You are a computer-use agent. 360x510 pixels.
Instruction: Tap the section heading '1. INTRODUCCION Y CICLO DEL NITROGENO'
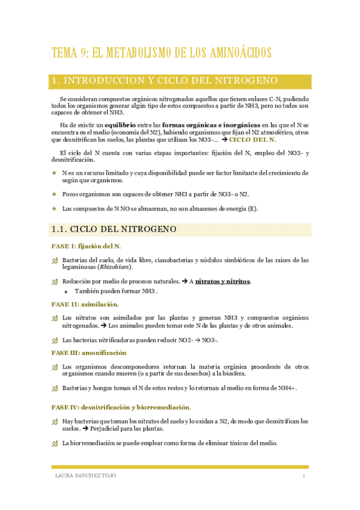(165, 81)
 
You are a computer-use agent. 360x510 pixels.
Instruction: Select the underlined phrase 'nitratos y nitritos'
(223, 281)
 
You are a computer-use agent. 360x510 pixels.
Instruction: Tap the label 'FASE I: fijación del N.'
(86, 246)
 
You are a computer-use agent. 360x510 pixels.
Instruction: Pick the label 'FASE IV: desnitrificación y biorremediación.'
(121, 408)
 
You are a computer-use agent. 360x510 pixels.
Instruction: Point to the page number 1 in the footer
(304, 476)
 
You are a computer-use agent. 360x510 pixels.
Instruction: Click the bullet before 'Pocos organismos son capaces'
(54, 194)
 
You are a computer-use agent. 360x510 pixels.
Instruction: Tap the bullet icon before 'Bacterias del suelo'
(55, 260)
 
